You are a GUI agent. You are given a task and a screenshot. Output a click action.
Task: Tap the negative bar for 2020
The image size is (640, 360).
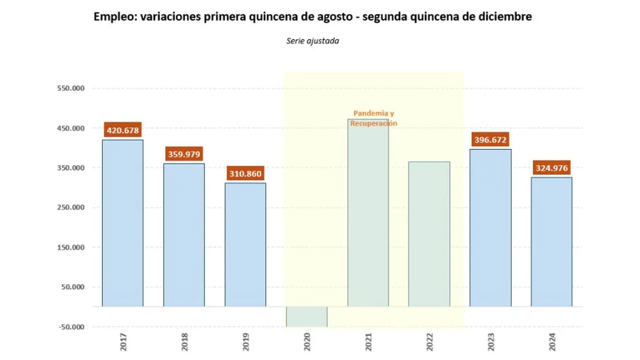point(307,316)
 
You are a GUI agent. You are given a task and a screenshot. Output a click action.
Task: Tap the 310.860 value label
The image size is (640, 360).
point(245,174)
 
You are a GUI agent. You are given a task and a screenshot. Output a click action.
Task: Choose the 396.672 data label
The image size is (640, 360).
point(490,140)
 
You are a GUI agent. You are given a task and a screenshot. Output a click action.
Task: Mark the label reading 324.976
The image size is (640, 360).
point(551,169)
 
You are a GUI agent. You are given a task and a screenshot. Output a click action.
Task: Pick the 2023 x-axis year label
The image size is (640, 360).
point(491,342)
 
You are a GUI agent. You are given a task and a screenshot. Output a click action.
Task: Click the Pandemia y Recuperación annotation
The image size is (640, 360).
point(373,118)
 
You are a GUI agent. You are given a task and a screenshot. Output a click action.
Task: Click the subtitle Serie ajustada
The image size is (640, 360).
point(313,41)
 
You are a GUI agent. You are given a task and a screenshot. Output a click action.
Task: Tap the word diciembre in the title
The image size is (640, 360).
point(508,17)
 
